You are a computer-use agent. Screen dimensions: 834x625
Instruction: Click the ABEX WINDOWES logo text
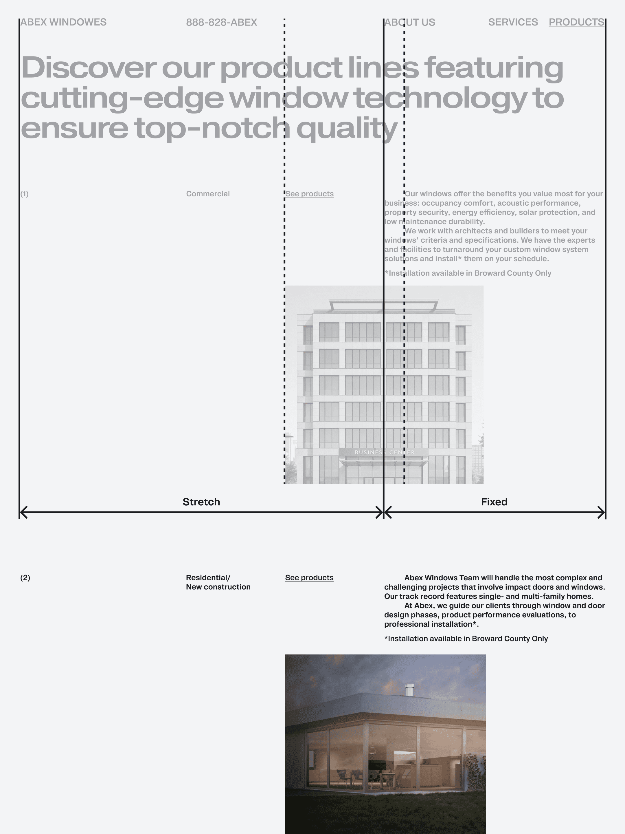tap(63, 22)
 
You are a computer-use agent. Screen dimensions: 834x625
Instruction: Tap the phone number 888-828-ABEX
tap(222, 23)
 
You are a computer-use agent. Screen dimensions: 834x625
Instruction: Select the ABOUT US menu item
tap(410, 23)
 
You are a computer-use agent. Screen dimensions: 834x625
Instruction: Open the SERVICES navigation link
tap(513, 22)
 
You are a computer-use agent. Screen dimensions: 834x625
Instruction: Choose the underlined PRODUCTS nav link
tap(576, 22)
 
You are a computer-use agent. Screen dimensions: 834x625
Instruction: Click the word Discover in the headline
tap(89, 68)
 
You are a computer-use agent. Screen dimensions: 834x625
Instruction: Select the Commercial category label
tap(207, 194)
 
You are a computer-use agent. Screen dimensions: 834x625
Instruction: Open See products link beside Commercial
tap(309, 194)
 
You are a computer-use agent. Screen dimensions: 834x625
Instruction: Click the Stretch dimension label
tap(201, 502)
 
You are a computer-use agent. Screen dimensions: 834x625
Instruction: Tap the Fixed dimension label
tap(494, 502)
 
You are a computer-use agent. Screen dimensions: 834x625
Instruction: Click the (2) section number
tap(25, 578)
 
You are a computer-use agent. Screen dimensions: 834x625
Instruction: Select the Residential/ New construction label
tap(218, 582)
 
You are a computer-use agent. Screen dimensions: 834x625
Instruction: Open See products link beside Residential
tap(309, 578)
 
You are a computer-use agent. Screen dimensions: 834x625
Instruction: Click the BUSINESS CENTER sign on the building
tap(384, 452)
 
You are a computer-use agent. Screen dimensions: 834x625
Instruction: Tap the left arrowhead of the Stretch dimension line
tap(23, 512)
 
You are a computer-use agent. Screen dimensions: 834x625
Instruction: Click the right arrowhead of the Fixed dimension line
tap(602, 512)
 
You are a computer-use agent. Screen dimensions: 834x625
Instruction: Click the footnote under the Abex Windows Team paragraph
tap(466, 638)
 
